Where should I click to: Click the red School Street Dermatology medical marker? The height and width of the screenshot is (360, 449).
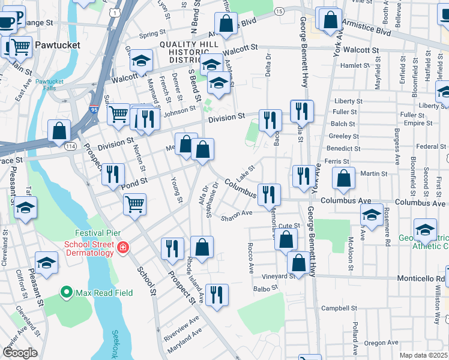point(123,247)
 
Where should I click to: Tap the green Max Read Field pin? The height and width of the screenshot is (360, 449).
point(68,293)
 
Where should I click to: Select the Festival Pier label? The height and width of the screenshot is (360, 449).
point(98,233)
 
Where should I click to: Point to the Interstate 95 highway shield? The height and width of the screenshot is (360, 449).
point(94,110)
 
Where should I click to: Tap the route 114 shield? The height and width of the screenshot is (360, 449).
point(70,146)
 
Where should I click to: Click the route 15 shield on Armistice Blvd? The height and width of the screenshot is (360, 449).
point(279,11)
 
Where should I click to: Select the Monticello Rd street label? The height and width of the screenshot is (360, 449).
point(423,278)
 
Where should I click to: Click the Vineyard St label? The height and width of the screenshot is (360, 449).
point(279,276)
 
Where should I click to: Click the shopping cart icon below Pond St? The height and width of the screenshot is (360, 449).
point(135,204)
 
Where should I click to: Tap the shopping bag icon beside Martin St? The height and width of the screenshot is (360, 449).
point(343,178)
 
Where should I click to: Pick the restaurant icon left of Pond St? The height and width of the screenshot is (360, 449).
point(113,174)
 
